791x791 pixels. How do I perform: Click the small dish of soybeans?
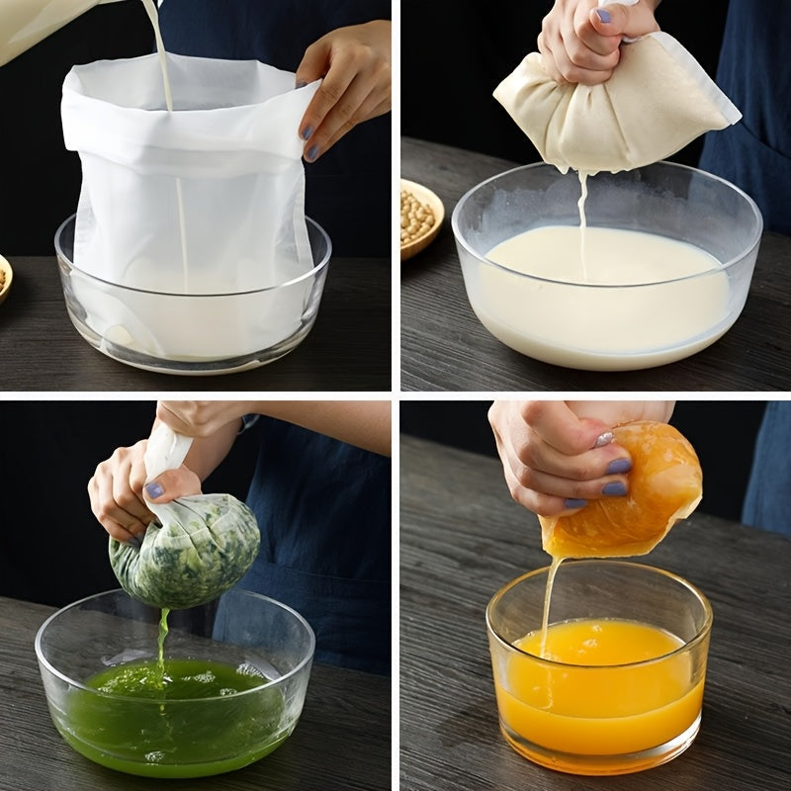point(421,217)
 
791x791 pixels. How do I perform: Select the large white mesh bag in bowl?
point(188,188)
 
